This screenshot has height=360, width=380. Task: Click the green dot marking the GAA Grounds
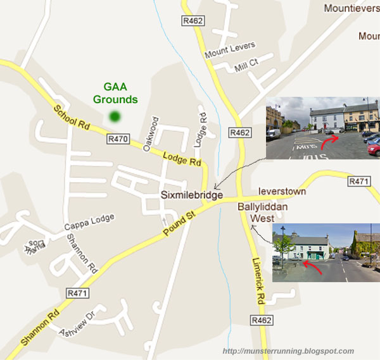click(114, 116)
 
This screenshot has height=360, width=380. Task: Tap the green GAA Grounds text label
click(115, 94)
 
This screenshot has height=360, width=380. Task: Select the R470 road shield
click(118, 139)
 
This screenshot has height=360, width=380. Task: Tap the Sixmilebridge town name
click(191, 196)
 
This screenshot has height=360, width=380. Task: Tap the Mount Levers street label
click(230, 51)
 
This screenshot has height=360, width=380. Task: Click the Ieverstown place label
click(282, 191)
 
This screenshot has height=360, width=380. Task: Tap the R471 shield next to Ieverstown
click(359, 182)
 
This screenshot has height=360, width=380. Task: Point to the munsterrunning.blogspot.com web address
click(289, 351)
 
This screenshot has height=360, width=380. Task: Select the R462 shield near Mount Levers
click(193, 22)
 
